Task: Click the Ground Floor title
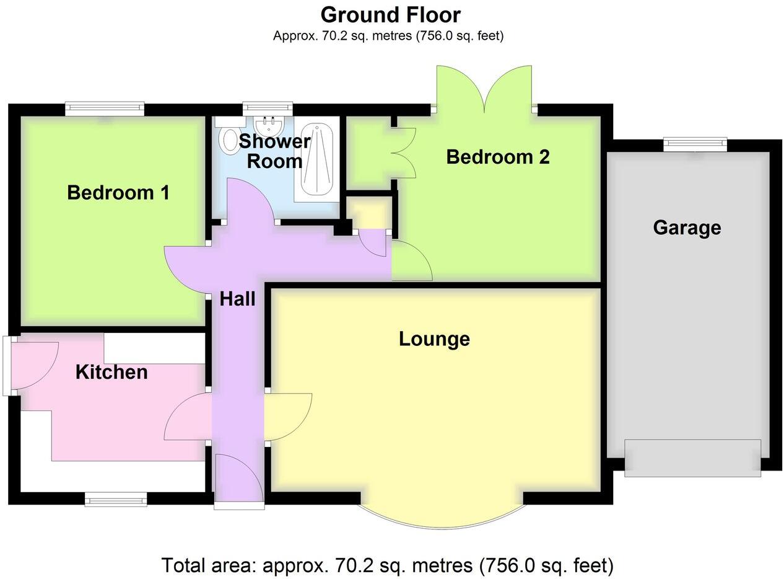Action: (x=390, y=14)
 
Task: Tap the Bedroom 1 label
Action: (x=118, y=193)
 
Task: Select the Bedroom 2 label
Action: (x=497, y=157)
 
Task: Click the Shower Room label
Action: (x=274, y=151)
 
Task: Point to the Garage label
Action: (x=687, y=228)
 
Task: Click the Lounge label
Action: (x=434, y=339)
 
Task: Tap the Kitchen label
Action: (x=111, y=372)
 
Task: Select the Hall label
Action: (x=237, y=299)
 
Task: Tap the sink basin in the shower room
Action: (x=269, y=128)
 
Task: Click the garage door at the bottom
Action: (x=692, y=457)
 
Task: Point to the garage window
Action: (x=695, y=144)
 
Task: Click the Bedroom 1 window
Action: (x=105, y=108)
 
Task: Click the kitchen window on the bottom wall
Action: (x=116, y=499)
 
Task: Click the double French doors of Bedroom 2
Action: (x=484, y=89)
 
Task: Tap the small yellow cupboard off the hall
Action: (x=370, y=213)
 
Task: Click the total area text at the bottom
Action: (x=388, y=565)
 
